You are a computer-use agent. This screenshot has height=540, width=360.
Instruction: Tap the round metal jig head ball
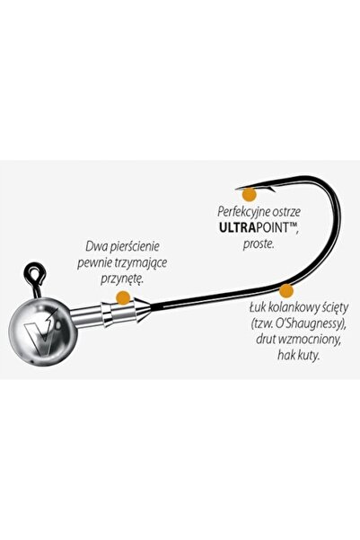coord(43,332)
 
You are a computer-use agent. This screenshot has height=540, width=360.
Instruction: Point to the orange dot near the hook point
coord(250,195)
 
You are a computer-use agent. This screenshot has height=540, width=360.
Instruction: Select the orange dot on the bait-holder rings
coord(123,297)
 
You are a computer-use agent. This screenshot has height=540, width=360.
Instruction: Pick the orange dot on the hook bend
coord(285,290)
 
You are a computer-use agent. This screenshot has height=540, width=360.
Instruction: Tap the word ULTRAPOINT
coord(257,228)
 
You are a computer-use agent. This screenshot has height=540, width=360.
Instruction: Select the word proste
coord(259,244)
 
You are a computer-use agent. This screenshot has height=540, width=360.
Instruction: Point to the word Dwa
coord(93,246)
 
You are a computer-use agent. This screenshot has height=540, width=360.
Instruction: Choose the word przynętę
coord(121,279)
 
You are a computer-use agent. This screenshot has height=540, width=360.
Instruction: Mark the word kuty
coord(310,356)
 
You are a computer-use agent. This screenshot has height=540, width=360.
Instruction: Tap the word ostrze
coord(286,212)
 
